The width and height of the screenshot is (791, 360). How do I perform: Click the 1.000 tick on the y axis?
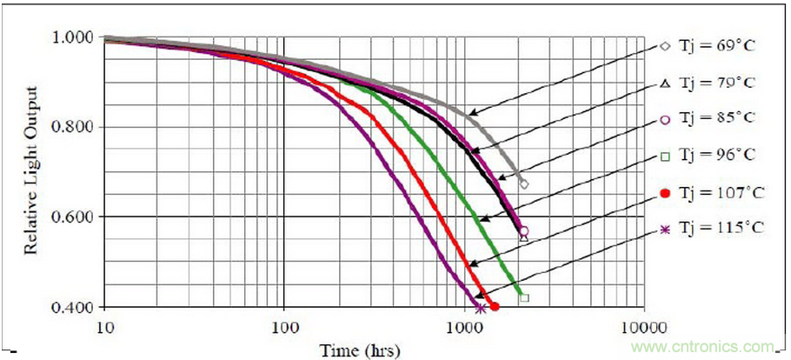point(76,38)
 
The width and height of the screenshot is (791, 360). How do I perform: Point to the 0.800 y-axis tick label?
point(76,127)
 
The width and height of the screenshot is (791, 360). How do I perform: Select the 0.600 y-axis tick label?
point(76,217)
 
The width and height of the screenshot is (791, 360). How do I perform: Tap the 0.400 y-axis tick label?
point(76,307)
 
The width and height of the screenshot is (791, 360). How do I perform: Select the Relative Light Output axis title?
point(30,172)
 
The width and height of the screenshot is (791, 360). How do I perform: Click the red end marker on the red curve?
point(495,306)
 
